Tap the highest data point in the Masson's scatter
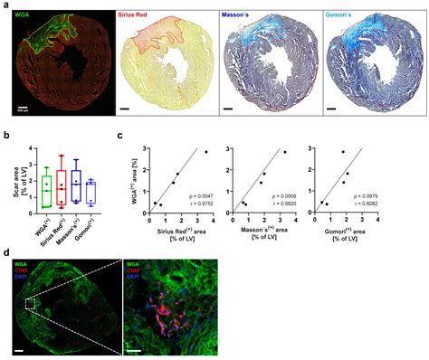click(x=285, y=151)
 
